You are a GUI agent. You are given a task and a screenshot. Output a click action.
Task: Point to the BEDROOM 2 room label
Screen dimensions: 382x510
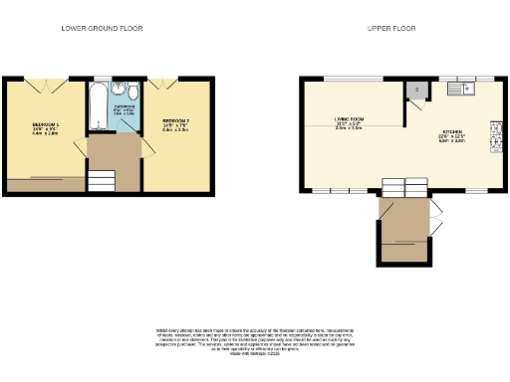pyautogui.click(x=176, y=123)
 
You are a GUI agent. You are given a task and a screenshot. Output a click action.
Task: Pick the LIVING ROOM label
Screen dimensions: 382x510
pyautogui.click(x=349, y=120)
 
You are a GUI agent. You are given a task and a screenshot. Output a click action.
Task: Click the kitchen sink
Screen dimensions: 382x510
pyautogui.click(x=459, y=90)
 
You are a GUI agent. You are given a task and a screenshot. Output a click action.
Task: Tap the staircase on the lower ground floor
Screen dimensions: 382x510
pyautogui.click(x=102, y=180)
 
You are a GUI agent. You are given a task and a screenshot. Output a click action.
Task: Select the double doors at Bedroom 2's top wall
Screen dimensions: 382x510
pyautogui.click(x=165, y=80)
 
